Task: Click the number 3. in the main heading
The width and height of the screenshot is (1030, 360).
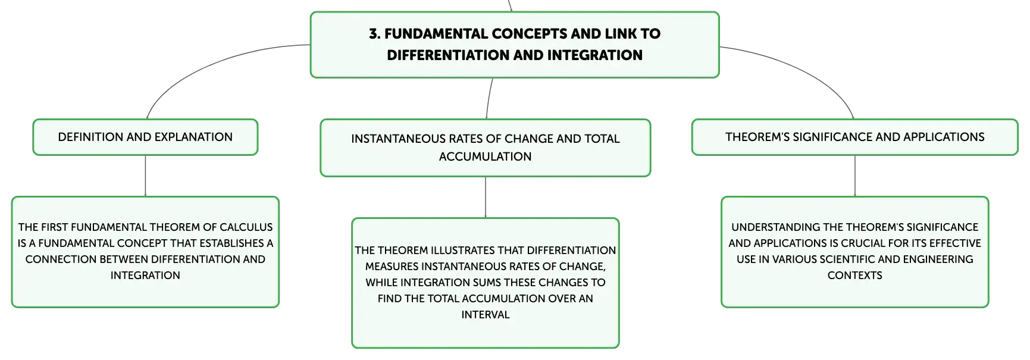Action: (x=374, y=34)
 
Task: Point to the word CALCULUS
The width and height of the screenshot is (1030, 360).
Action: (x=246, y=227)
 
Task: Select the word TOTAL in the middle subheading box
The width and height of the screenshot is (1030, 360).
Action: (x=602, y=139)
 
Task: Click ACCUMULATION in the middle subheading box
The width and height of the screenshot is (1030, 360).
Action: (x=486, y=156)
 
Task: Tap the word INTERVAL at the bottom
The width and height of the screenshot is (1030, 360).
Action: (x=486, y=315)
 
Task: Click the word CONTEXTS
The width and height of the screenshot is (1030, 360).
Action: (x=855, y=276)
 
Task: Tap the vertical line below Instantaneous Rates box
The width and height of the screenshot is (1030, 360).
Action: (x=486, y=198)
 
